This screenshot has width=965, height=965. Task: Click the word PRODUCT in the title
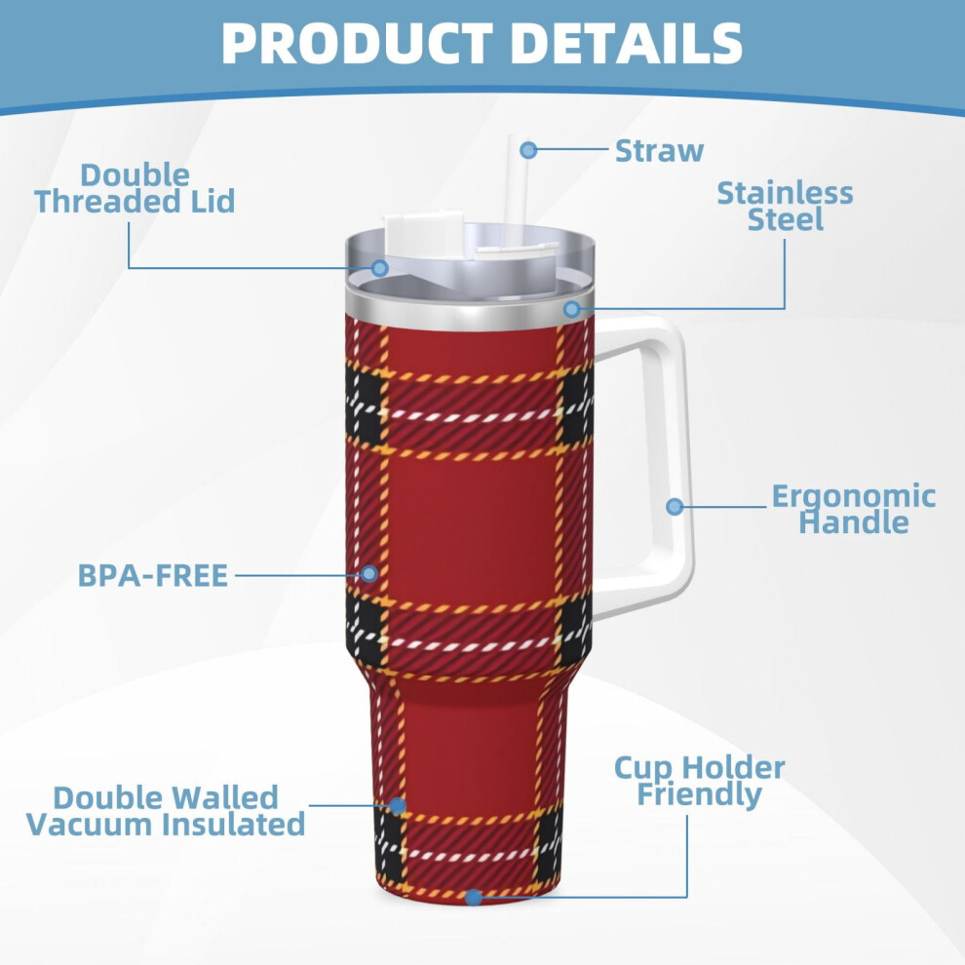pyautogui.click(x=357, y=43)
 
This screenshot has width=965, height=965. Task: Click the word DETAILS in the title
pyautogui.click(x=627, y=43)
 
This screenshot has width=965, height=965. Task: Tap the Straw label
pyautogui.click(x=659, y=151)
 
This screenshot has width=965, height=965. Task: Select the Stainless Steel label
pyautogui.click(x=785, y=207)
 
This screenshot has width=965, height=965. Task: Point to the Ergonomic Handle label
pyautogui.click(x=854, y=509)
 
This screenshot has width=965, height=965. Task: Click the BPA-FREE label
pyautogui.click(x=153, y=575)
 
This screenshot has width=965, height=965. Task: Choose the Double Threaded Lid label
pyautogui.click(x=135, y=188)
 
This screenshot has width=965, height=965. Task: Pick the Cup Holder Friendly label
pyautogui.click(x=700, y=781)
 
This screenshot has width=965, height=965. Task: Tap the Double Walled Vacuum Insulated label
pyautogui.click(x=166, y=811)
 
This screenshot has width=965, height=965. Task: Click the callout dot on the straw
pyautogui.click(x=528, y=149)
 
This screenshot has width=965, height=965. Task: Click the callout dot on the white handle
pyautogui.click(x=675, y=507)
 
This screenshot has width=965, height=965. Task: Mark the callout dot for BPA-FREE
pyautogui.click(x=369, y=573)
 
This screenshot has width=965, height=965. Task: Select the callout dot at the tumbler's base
pyautogui.click(x=474, y=898)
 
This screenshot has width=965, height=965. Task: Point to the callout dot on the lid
pyautogui.click(x=380, y=268)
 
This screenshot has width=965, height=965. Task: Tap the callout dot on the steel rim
pyautogui.click(x=572, y=309)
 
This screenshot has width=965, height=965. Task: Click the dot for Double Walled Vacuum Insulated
pyautogui.click(x=398, y=805)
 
